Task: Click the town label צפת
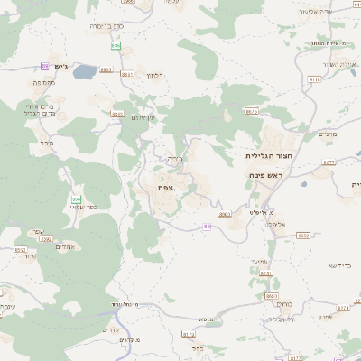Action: coord(165,186)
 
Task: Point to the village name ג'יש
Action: coord(49,67)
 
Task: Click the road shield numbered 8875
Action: coord(251,112)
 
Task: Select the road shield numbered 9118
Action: coord(315,80)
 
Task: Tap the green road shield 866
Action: coord(77,199)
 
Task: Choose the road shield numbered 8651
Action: coord(264,273)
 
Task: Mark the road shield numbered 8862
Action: coord(116,115)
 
